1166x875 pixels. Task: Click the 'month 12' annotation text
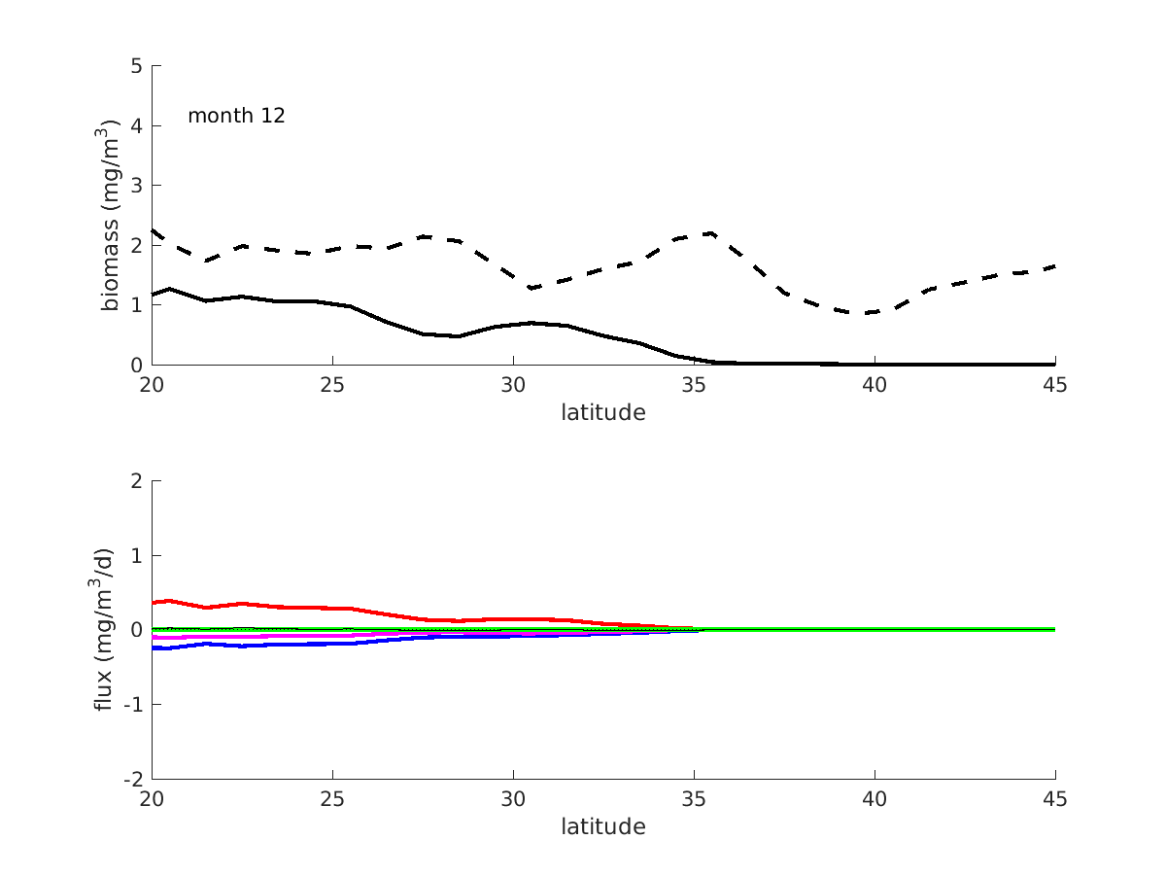236,116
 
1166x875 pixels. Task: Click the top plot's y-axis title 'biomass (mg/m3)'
112,215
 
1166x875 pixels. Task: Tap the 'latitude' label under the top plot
602,412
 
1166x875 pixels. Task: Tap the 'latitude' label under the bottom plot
602,827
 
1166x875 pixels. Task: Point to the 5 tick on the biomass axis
137,66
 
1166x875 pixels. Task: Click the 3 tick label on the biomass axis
137,186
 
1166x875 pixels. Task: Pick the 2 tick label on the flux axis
137,481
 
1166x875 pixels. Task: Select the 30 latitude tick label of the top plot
513,385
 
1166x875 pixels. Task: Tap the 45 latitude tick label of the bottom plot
1055,799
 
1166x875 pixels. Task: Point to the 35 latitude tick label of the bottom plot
694,799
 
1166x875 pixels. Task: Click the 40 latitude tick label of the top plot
874,385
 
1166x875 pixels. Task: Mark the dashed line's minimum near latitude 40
860,313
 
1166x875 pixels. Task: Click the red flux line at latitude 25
332,608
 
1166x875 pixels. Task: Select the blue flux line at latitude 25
332,644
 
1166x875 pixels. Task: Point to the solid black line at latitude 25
332,303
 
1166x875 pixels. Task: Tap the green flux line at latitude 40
874,629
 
